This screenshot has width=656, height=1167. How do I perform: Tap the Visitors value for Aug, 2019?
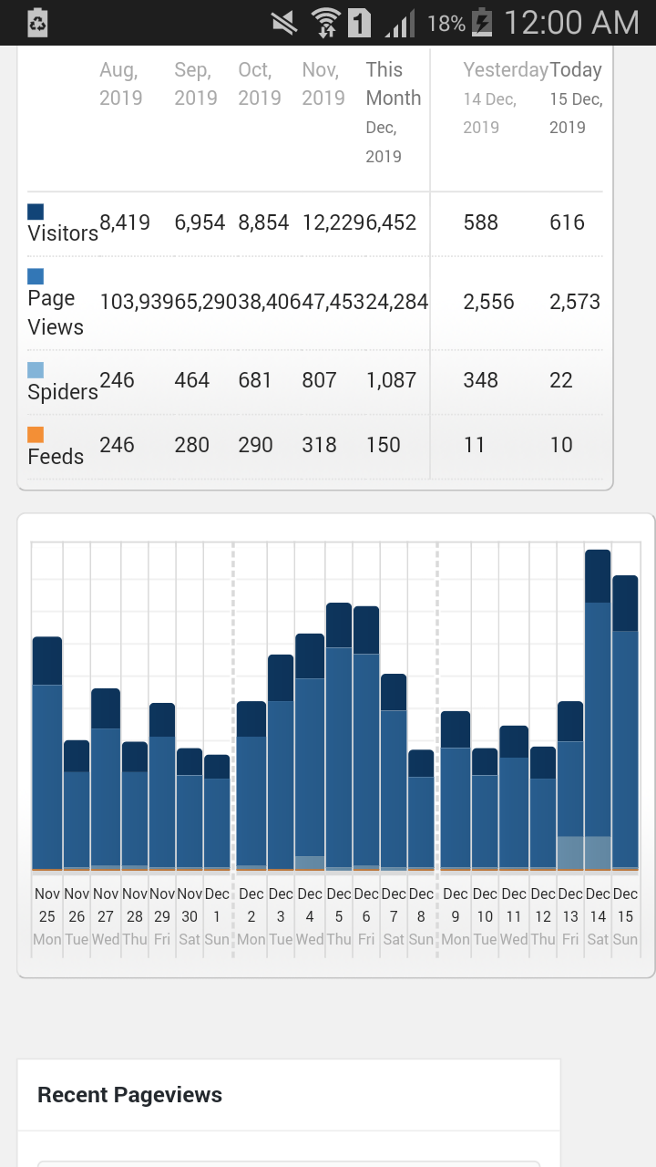[125, 222]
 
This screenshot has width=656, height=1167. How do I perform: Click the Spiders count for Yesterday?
[480, 380]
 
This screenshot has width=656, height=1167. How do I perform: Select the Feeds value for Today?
[561, 445]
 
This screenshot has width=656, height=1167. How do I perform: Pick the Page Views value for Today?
[575, 302]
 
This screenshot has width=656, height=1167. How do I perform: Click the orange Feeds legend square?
[36, 435]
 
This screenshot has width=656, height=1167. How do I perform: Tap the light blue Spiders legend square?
[36, 370]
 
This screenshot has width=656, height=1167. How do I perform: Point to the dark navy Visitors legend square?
[36, 212]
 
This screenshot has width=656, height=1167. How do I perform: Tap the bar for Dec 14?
[598, 709]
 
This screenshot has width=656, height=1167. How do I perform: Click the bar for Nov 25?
[47, 753]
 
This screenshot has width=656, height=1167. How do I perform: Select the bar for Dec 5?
[339, 737]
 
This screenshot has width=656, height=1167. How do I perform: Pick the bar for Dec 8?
[421, 811]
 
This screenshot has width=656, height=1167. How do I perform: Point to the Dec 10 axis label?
[485, 916]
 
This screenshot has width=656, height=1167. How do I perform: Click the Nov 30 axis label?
[190, 916]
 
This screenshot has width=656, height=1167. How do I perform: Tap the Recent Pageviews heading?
[129, 1095]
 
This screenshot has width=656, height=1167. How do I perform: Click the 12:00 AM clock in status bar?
[571, 23]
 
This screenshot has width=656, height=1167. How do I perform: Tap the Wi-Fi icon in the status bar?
[325, 24]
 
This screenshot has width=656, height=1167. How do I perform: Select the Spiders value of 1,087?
[391, 380]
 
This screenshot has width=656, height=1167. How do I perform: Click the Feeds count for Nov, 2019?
[319, 445]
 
